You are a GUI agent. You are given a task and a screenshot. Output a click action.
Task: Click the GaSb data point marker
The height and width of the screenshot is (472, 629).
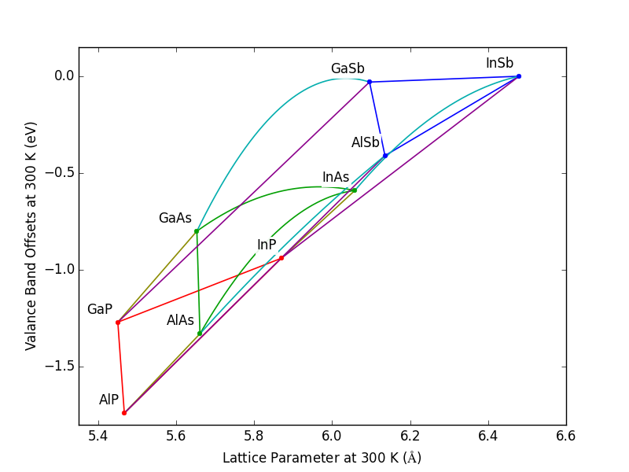pyautogui.click(x=370, y=82)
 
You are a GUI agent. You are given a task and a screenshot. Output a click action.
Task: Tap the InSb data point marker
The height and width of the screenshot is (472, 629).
pyautogui.click(x=519, y=76)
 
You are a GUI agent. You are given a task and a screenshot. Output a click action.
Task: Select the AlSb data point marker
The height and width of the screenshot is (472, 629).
pyautogui.click(x=385, y=156)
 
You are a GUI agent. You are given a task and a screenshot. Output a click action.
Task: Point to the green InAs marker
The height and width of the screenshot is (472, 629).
pyautogui.click(x=355, y=190)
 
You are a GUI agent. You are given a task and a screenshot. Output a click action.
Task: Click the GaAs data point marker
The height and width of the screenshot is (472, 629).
pyautogui.click(x=197, y=231)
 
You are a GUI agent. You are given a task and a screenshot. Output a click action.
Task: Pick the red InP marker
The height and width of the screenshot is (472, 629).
pyautogui.click(x=281, y=258)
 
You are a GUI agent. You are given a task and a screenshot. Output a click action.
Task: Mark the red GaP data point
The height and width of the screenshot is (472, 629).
pyautogui.click(x=118, y=323)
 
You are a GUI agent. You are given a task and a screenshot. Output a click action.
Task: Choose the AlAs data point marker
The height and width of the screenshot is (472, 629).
pyautogui.click(x=200, y=334)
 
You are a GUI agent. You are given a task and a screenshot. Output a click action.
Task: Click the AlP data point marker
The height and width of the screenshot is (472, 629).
pyautogui.click(x=124, y=413)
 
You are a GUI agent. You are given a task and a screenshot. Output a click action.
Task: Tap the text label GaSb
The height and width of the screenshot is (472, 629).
pyautogui.click(x=348, y=69)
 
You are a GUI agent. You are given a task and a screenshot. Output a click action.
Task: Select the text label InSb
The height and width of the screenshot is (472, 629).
pyautogui.click(x=499, y=64)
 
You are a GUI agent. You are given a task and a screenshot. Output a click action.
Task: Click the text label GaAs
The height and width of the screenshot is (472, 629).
pyautogui.click(x=175, y=219)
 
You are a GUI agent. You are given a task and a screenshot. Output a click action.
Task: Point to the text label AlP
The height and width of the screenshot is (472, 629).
pyautogui.click(x=109, y=400)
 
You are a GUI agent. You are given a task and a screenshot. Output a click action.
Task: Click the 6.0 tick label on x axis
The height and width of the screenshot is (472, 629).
pyautogui.click(x=332, y=435)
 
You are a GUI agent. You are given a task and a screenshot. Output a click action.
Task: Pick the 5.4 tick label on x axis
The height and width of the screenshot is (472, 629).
pyautogui.click(x=98, y=435)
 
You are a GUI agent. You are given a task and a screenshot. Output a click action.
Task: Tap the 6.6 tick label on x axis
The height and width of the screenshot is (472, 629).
pyautogui.click(x=566, y=435)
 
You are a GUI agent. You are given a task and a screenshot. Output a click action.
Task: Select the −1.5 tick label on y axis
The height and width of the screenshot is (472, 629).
pyautogui.click(x=57, y=367)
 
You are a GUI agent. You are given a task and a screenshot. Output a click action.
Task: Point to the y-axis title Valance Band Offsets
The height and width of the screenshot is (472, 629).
pyautogui.click(x=31, y=236)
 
